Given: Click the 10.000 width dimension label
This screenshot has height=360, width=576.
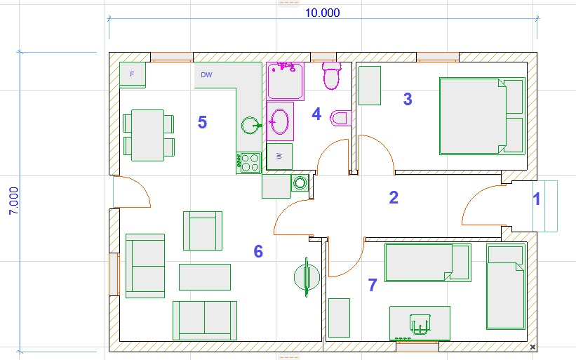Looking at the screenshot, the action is click(323, 13).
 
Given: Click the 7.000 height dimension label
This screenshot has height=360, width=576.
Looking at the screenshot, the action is click(13, 201).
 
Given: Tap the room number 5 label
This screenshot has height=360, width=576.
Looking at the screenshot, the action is click(203, 122).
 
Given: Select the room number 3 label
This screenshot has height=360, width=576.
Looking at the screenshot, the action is click(408, 99).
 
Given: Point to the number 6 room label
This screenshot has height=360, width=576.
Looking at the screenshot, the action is click(258, 251).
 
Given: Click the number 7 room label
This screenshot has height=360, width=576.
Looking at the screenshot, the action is click(373, 285).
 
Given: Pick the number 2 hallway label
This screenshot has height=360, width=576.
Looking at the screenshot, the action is click(394, 197).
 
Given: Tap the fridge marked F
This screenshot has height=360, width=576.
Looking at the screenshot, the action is click(133, 74).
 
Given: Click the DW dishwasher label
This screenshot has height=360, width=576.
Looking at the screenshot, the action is click(206, 74).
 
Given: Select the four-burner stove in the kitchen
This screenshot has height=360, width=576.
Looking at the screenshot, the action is click(248, 163).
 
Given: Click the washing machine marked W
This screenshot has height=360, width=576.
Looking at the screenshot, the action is click(279, 156).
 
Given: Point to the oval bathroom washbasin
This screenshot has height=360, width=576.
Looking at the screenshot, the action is click(280, 121).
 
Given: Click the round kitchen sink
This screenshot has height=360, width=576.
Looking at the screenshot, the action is click(251, 126).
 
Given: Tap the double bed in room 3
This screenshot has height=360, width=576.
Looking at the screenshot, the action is click(482, 116).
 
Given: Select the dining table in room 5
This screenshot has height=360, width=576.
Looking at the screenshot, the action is click(147, 135).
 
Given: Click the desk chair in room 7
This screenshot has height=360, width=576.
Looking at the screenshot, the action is click(420, 324).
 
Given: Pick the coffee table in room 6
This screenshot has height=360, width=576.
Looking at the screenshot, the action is click(205, 277).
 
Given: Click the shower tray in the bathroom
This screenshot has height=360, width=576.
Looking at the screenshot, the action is click(286, 81).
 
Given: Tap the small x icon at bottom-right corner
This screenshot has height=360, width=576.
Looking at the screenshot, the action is click(533, 347).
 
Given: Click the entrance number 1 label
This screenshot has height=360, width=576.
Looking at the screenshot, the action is click(537, 199).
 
